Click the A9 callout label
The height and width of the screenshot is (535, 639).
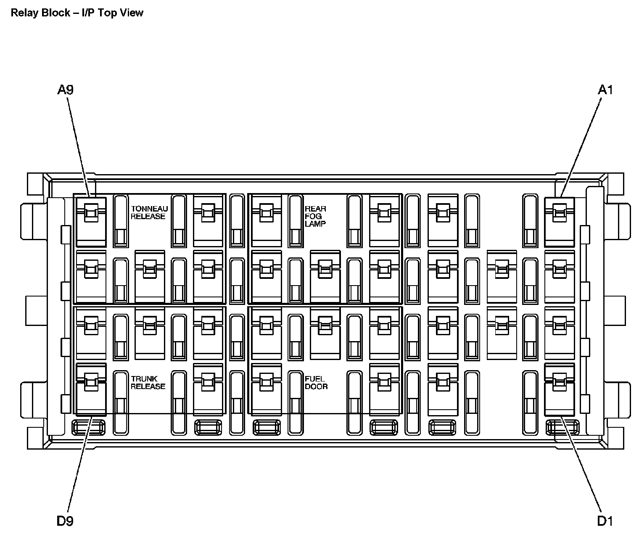point(65,90)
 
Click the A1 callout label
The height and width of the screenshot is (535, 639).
point(605,90)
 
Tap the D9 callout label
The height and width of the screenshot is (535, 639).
point(65,521)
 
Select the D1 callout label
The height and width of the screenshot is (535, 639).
point(605,521)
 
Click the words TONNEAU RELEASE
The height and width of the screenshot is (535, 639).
point(149,212)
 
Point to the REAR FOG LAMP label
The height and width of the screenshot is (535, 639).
point(315,216)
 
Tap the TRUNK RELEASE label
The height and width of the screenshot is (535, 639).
point(148,383)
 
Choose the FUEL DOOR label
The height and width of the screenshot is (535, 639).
point(316,383)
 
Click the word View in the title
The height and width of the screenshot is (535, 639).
point(132,13)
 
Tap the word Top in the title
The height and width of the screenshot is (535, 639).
point(109,13)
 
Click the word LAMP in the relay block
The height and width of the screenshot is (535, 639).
point(315,224)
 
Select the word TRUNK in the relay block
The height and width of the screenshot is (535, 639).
point(144,379)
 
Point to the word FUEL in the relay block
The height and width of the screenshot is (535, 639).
point(314,379)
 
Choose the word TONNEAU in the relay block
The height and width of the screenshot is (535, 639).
point(149,209)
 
